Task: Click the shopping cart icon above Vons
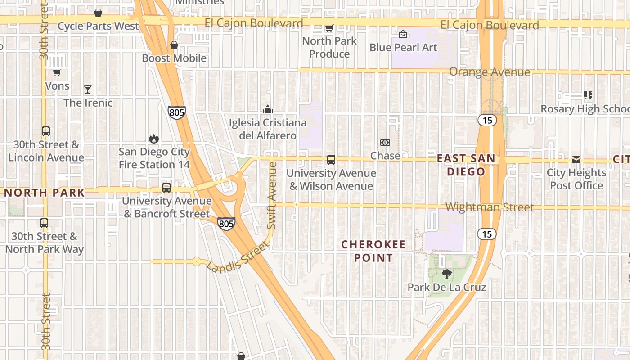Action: [57, 72]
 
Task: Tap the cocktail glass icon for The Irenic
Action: [88, 90]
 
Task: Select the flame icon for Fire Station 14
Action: [154, 139]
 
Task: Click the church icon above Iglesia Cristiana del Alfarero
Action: [268, 109]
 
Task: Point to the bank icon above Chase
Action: [385, 143]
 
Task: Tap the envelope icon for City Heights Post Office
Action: [576, 160]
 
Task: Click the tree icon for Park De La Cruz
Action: [447, 274]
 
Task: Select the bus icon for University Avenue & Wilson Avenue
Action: [331, 160]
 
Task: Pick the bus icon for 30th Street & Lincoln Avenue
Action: [46, 131]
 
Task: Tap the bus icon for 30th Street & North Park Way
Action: [44, 223]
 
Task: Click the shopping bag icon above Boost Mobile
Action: [174, 45]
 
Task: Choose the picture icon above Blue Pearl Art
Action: [403, 34]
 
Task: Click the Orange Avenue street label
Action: [490, 72]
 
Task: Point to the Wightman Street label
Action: [490, 207]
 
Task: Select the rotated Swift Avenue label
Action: [272, 195]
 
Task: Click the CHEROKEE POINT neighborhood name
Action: [373, 251]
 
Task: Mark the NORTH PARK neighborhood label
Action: [45, 193]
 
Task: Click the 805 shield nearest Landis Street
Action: [226, 224]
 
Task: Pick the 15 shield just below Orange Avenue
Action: [487, 120]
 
